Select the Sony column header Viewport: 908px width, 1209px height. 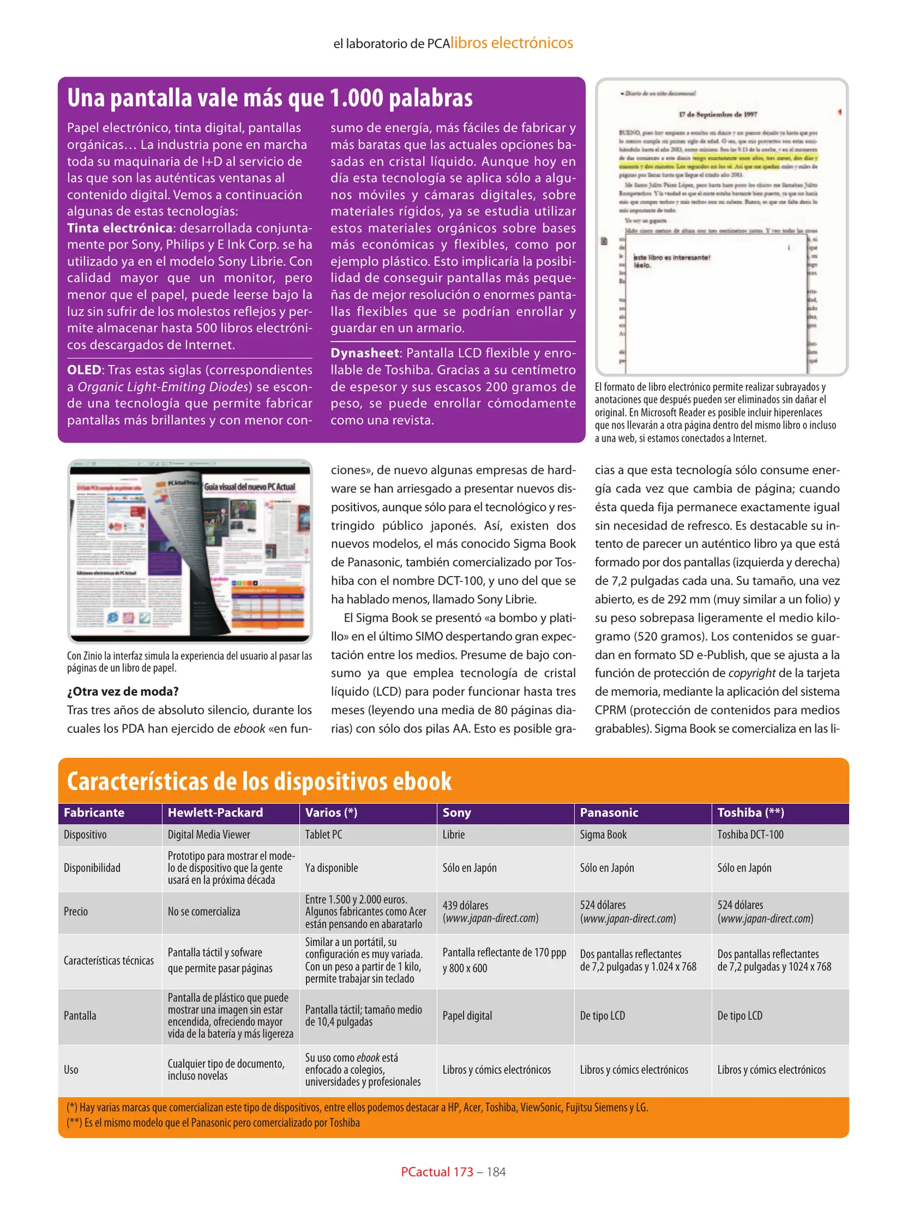(457, 813)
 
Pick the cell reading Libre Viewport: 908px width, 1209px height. (453, 835)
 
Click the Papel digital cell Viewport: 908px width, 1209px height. (467, 1015)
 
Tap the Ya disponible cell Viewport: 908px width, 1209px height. (331, 868)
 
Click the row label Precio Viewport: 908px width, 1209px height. (76, 911)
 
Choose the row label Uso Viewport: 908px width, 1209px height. (71, 1070)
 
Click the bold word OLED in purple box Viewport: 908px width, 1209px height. (84, 370)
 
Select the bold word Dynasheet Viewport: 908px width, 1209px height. (365, 353)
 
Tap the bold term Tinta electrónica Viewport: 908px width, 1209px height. (119, 228)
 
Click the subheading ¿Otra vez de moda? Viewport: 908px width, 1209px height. (123, 691)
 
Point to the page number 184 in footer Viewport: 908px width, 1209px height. (496, 1171)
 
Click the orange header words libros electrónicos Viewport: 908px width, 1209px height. (512, 43)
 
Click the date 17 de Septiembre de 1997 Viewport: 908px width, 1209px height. (718, 114)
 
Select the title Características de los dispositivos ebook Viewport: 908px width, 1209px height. (259, 781)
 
